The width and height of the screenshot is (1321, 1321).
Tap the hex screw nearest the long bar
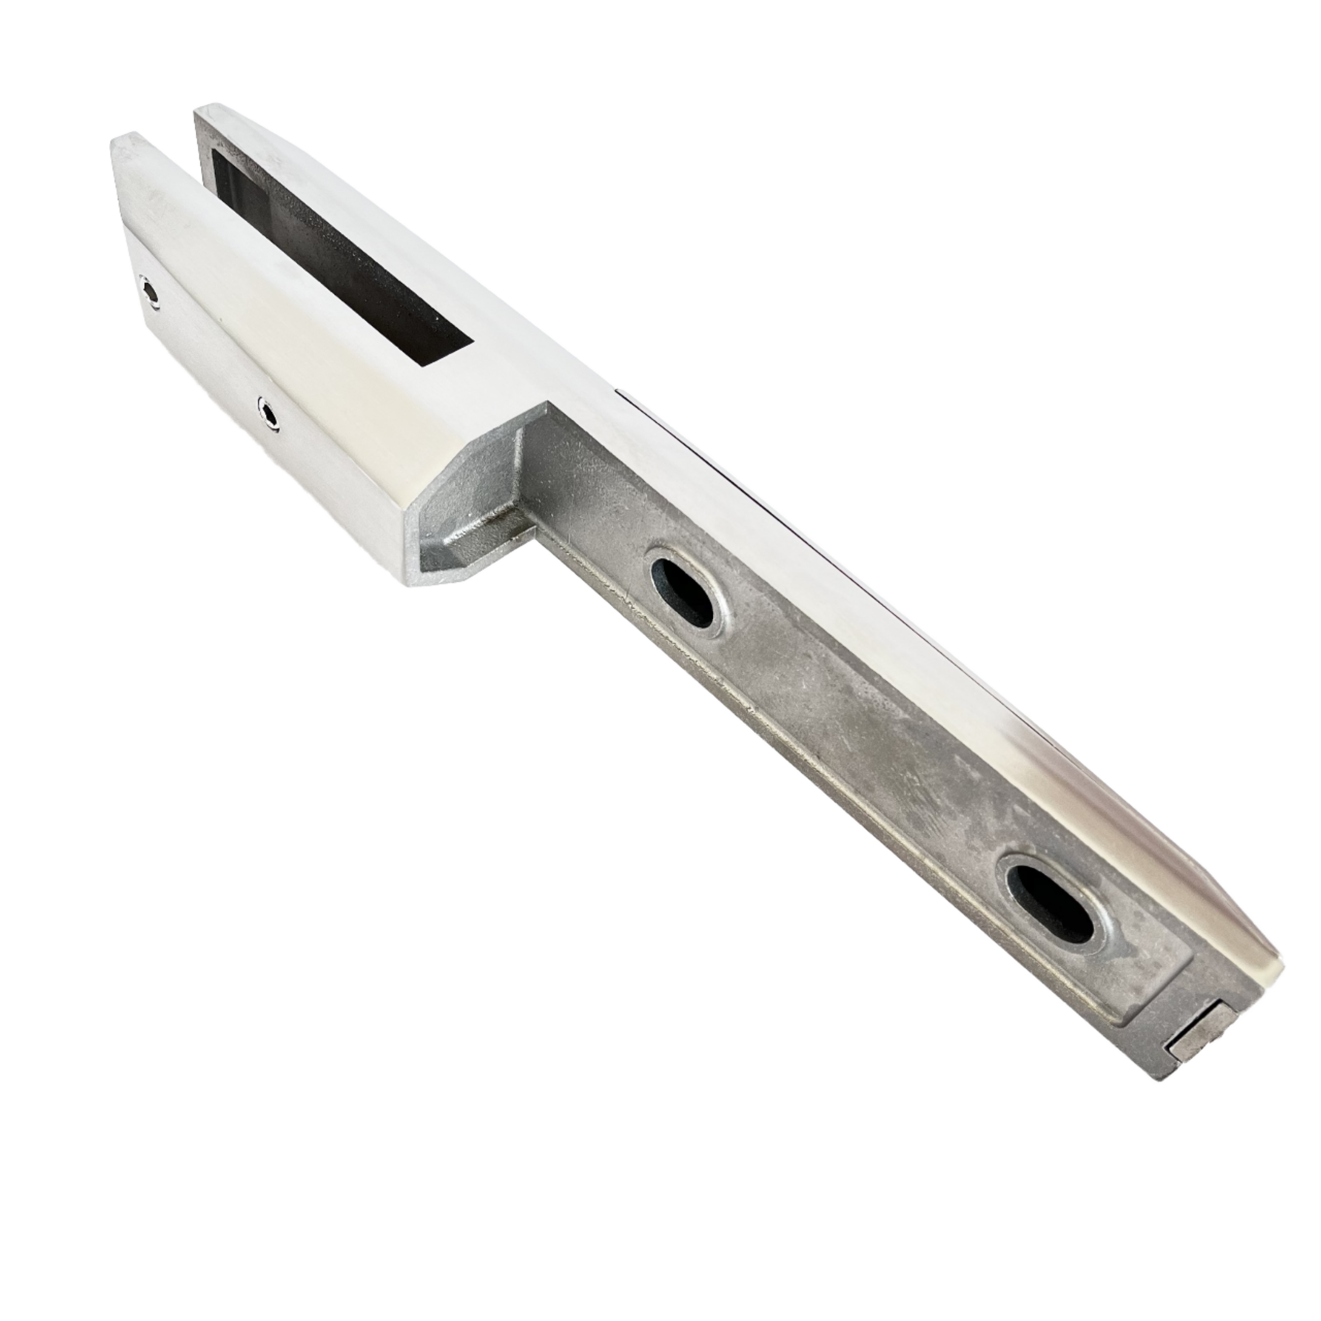click(x=269, y=413)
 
